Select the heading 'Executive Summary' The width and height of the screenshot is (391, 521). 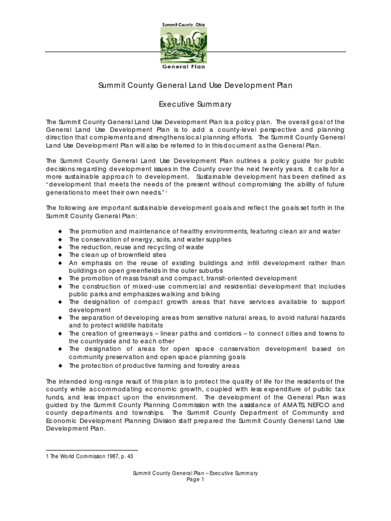pyautogui.click(x=195, y=104)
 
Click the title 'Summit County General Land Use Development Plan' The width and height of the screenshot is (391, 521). pyautogui.click(x=195, y=86)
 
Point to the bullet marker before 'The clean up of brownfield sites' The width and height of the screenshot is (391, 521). pyautogui.click(x=60, y=255)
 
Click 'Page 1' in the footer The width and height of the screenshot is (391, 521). pyautogui.click(x=195, y=480)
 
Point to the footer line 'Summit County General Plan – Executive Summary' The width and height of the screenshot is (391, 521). pyautogui.click(x=195, y=473)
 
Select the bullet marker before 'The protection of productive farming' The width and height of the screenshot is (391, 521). pyautogui.click(x=60, y=365)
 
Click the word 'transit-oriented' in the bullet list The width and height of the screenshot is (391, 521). pyautogui.click(x=228, y=278)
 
